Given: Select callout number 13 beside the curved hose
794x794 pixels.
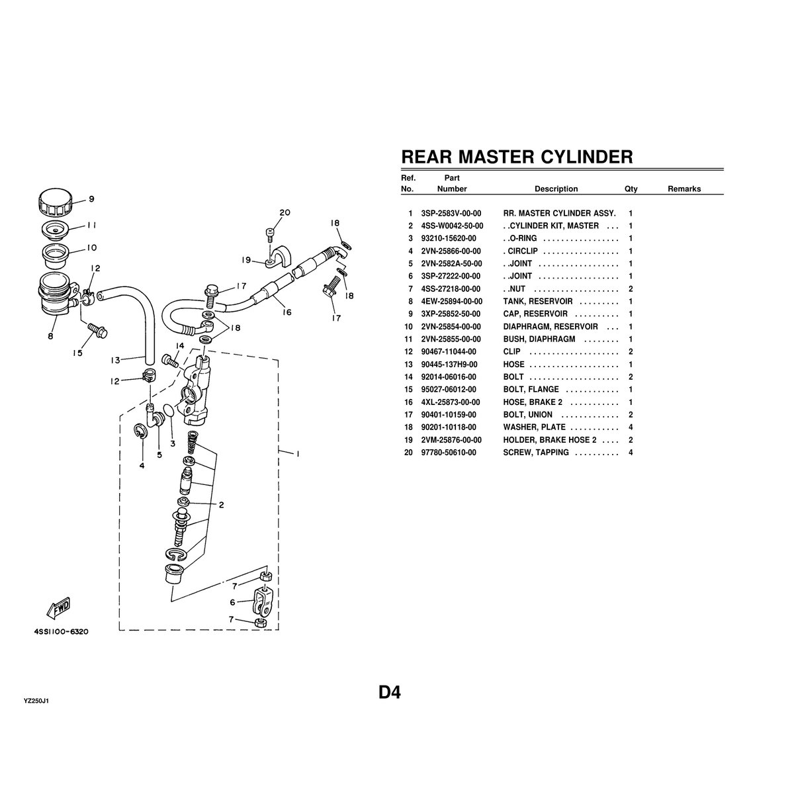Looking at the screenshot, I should (115, 361).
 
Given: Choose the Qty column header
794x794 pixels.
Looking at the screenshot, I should (631, 189).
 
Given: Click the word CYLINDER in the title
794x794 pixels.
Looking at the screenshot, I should (587, 157).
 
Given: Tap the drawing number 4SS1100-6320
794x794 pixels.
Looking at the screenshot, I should (61, 631).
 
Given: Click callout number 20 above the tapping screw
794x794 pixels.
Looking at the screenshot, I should (285, 213).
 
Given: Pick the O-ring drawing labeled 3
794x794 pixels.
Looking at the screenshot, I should (169, 414).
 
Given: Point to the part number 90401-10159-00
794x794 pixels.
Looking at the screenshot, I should (448, 415).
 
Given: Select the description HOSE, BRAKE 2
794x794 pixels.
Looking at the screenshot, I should (533, 402).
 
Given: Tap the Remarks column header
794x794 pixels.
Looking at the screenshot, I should (684, 189).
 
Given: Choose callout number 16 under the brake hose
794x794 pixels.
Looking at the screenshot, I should (286, 313).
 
